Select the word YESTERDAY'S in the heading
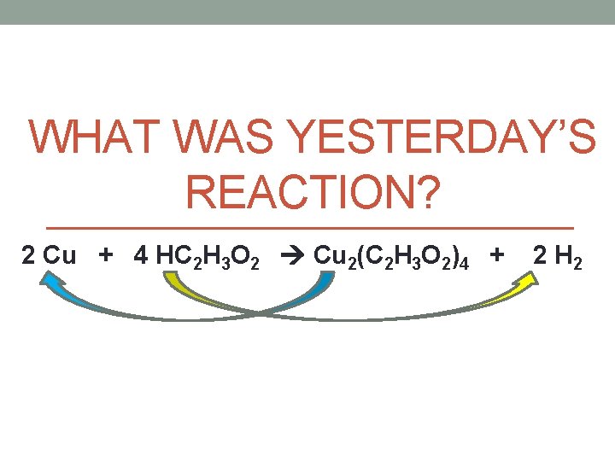pos(444,137)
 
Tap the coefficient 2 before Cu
pos(29,255)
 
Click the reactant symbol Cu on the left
pos(59,255)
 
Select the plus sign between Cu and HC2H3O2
pos(108,254)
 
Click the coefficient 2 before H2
pos(540,255)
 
